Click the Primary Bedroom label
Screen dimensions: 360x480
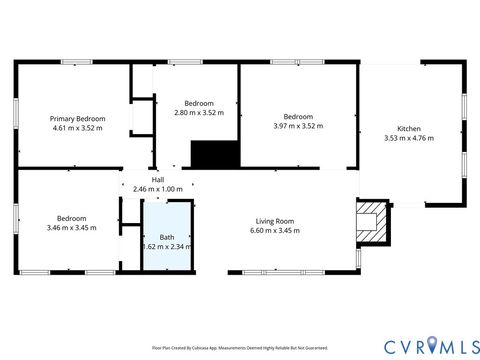tap(77, 118)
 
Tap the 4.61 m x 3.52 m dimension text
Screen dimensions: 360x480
tap(77, 128)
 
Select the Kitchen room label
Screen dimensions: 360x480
tap(409, 129)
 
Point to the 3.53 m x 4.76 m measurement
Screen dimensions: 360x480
tap(409, 139)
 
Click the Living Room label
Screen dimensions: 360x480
tap(274, 221)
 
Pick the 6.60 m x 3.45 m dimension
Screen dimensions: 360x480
tap(274, 231)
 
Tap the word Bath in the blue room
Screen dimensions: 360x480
tap(167, 237)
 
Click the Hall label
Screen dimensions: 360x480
tap(158, 180)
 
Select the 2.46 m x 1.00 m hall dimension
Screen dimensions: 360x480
tap(158, 189)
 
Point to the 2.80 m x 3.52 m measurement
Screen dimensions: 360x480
tap(199, 113)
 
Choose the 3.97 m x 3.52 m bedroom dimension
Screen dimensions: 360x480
tap(298, 126)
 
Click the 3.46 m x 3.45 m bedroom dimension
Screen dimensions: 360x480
tap(71, 229)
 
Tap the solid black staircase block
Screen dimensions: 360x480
tap(214, 154)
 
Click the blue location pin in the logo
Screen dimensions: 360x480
tap(432, 345)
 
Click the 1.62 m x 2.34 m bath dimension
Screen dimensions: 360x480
tap(167, 247)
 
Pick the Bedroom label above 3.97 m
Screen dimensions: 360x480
tap(298, 116)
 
